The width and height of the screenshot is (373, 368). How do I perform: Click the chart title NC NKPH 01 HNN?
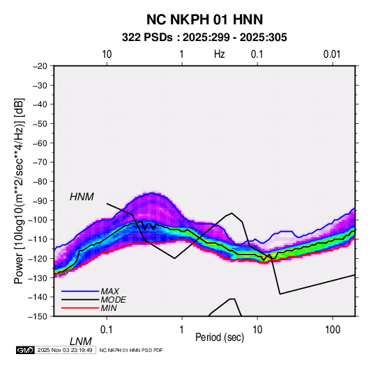point(204,19)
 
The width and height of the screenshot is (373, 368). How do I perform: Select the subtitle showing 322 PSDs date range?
point(204,38)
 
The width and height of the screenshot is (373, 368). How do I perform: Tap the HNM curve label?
point(82,197)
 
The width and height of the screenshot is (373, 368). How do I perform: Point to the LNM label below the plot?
point(80,342)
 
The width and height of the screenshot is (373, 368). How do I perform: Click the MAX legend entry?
point(109,291)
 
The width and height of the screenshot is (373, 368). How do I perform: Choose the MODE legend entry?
point(113,300)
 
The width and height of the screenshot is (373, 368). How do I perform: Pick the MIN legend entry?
point(109,308)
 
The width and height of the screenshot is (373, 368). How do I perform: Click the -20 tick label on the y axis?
point(40,66)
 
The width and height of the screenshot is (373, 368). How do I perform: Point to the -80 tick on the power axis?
point(40,182)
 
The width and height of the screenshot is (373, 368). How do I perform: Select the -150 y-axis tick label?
point(38,317)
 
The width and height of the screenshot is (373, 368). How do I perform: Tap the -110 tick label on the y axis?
point(38,239)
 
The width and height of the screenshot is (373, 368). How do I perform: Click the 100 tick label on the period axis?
point(333,330)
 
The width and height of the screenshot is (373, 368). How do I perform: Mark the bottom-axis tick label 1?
point(182,330)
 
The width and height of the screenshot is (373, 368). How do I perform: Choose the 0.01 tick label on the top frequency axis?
point(332,54)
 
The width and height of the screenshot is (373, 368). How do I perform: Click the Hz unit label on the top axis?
point(220,54)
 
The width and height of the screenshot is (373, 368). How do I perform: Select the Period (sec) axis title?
point(220,337)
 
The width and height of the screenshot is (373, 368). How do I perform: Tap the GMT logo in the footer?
point(26,350)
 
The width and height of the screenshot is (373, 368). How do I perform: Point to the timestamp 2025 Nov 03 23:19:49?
point(65,350)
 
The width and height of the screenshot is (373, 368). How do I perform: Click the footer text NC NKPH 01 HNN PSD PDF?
point(131,351)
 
